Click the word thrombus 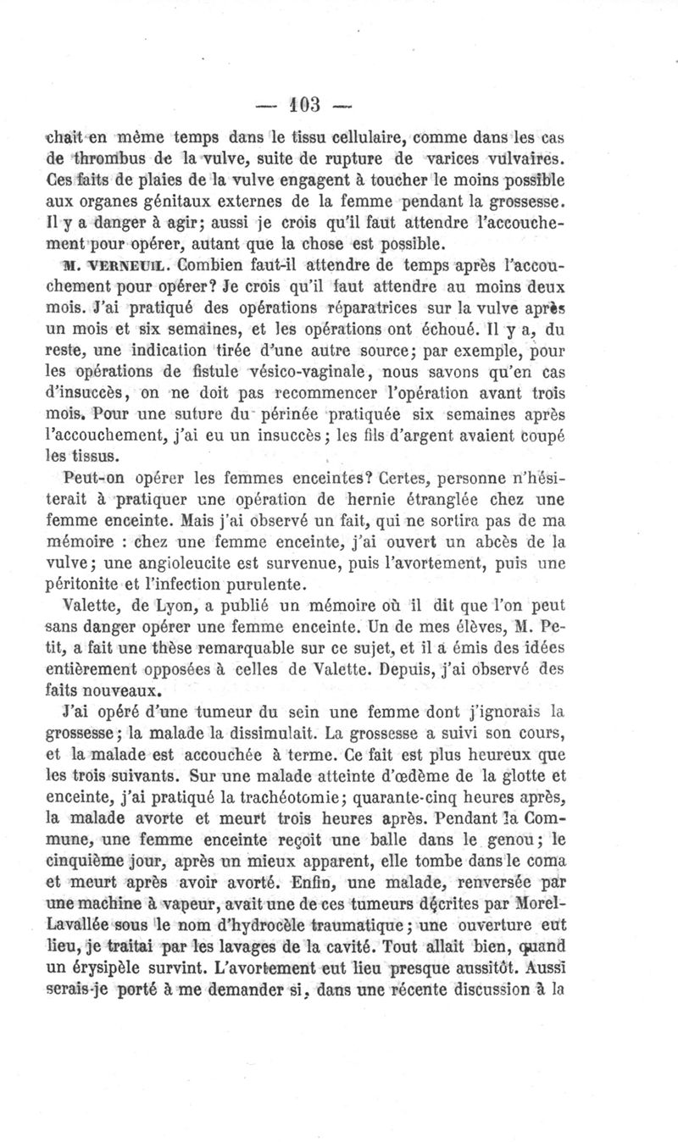(104, 158)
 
